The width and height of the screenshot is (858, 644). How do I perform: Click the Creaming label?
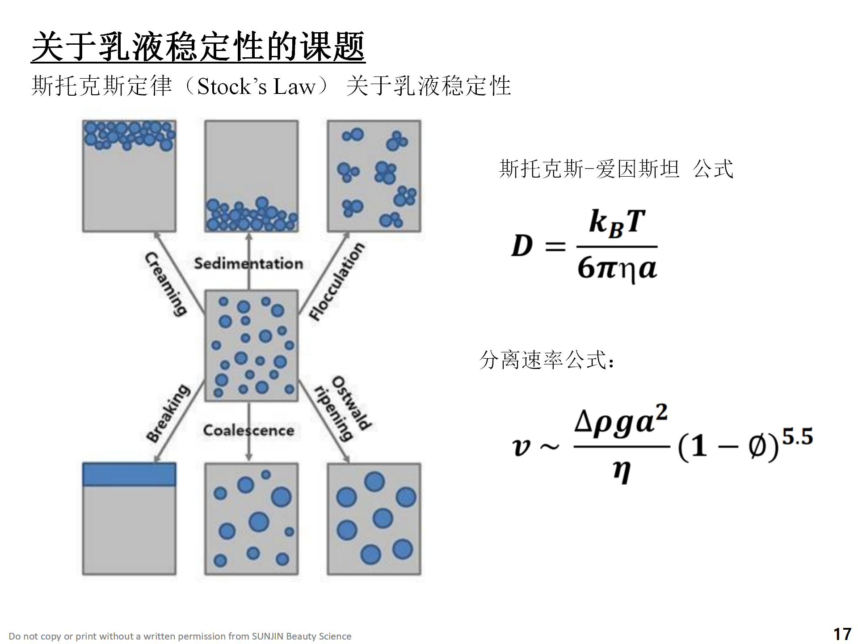[x=166, y=284]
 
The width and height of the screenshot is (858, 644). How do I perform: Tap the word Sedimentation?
[x=248, y=263]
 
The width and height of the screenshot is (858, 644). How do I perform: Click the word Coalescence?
[x=248, y=431]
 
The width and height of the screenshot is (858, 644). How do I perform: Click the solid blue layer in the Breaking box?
[x=129, y=475]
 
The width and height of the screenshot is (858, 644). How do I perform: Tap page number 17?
[x=842, y=634]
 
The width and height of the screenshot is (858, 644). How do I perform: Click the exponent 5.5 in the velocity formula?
[x=797, y=437]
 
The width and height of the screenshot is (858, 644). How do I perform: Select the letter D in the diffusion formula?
[x=522, y=246]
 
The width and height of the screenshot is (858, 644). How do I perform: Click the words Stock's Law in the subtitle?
[x=256, y=86]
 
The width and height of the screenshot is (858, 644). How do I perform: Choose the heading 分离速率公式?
[x=546, y=360]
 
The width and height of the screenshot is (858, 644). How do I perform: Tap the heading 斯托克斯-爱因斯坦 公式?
[x=616, y=169]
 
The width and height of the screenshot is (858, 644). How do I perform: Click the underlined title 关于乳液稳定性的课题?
[x=198, y=47]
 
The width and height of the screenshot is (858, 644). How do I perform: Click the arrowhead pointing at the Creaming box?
[x=157, y=235]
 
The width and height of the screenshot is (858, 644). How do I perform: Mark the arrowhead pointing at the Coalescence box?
[x=249, y=457]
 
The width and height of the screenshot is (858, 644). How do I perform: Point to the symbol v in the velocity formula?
[x=522, y=447]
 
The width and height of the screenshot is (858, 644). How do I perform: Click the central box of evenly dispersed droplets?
[x=251, y=346]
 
